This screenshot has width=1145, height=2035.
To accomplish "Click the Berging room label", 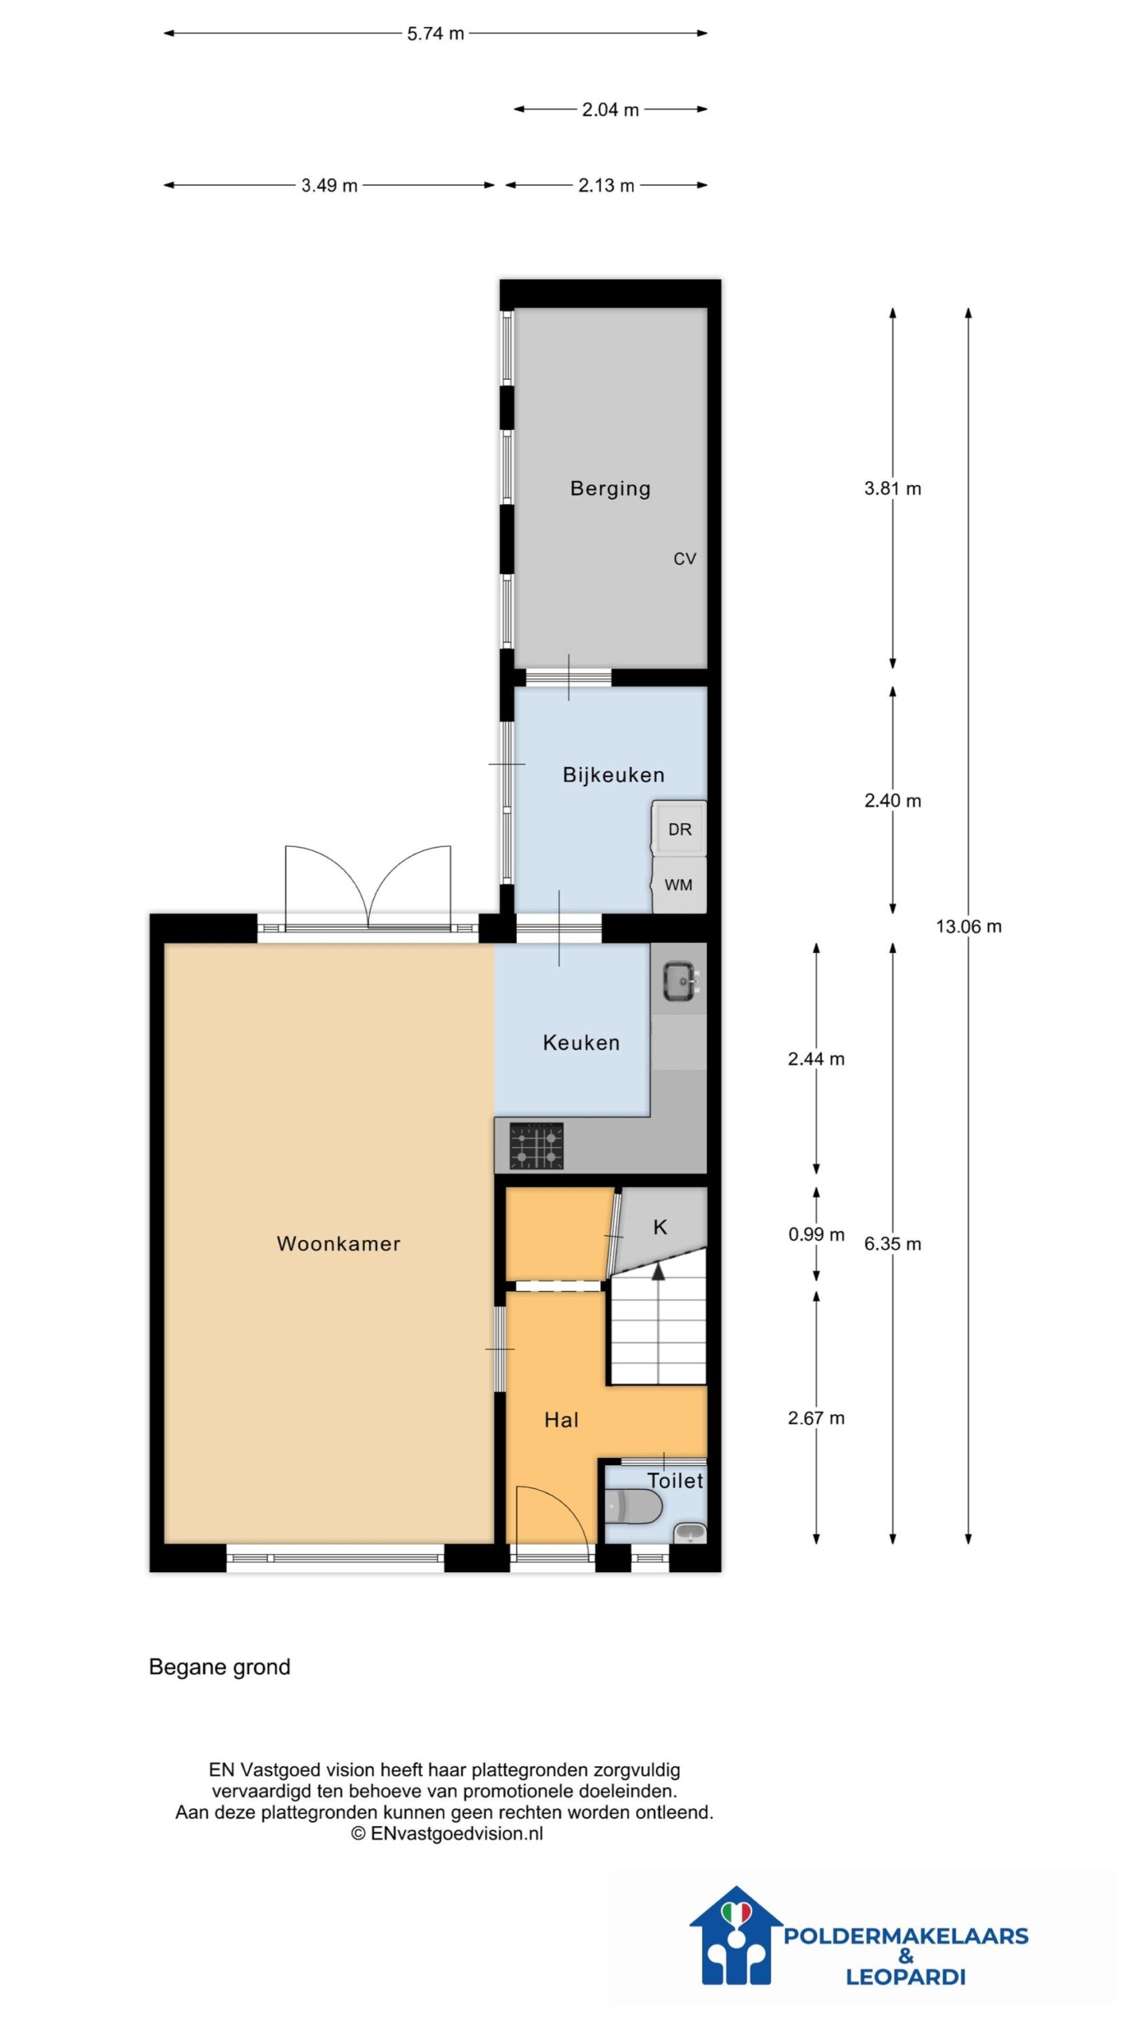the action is pyautogui.click(x=610, y=488).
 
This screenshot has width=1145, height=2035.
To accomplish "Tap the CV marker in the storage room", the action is pyautogui.click(x=685, y=559).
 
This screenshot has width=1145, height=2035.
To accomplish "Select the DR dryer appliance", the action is pyautogui.click(x=679, y=828).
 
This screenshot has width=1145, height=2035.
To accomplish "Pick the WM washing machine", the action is pyautogui.click(x=679, y=884).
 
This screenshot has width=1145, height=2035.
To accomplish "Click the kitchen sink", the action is pyautogui.click(x=680, y=979).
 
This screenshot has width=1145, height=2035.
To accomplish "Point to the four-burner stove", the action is pyautogui.click(x=536, y=1145).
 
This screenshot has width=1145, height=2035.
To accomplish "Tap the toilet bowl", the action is pyautogui.click(x=633, y=1506).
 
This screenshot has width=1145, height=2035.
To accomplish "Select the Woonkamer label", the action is pyautogui.click(x=338, y=1244).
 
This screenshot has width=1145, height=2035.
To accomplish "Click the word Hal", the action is pyautogui.click(x=561, y=1420).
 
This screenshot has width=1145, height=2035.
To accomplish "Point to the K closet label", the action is pyautogui.click(x=660, y=1227).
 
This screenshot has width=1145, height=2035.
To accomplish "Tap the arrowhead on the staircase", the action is pyautogui.click(x=658, y=1271).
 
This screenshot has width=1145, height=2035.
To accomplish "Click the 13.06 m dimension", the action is pyautogui.click(x=968, y=926).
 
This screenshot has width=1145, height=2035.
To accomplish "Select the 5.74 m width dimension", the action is pyautogui.click(x=436, y=33).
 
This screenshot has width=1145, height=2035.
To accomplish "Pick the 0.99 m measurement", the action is pyautogui.click(x=816, y=1235).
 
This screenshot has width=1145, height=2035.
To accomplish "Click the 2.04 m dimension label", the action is pyautogui.click(x=610, y=110).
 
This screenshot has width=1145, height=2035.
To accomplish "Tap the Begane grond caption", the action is pyautogui.click(x=219, y=1667).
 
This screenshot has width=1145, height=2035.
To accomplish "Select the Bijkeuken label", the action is pyautogui.click(x=613, y=774).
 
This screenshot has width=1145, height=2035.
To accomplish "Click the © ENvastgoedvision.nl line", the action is pyautogui.click(x=447, y=1833).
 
